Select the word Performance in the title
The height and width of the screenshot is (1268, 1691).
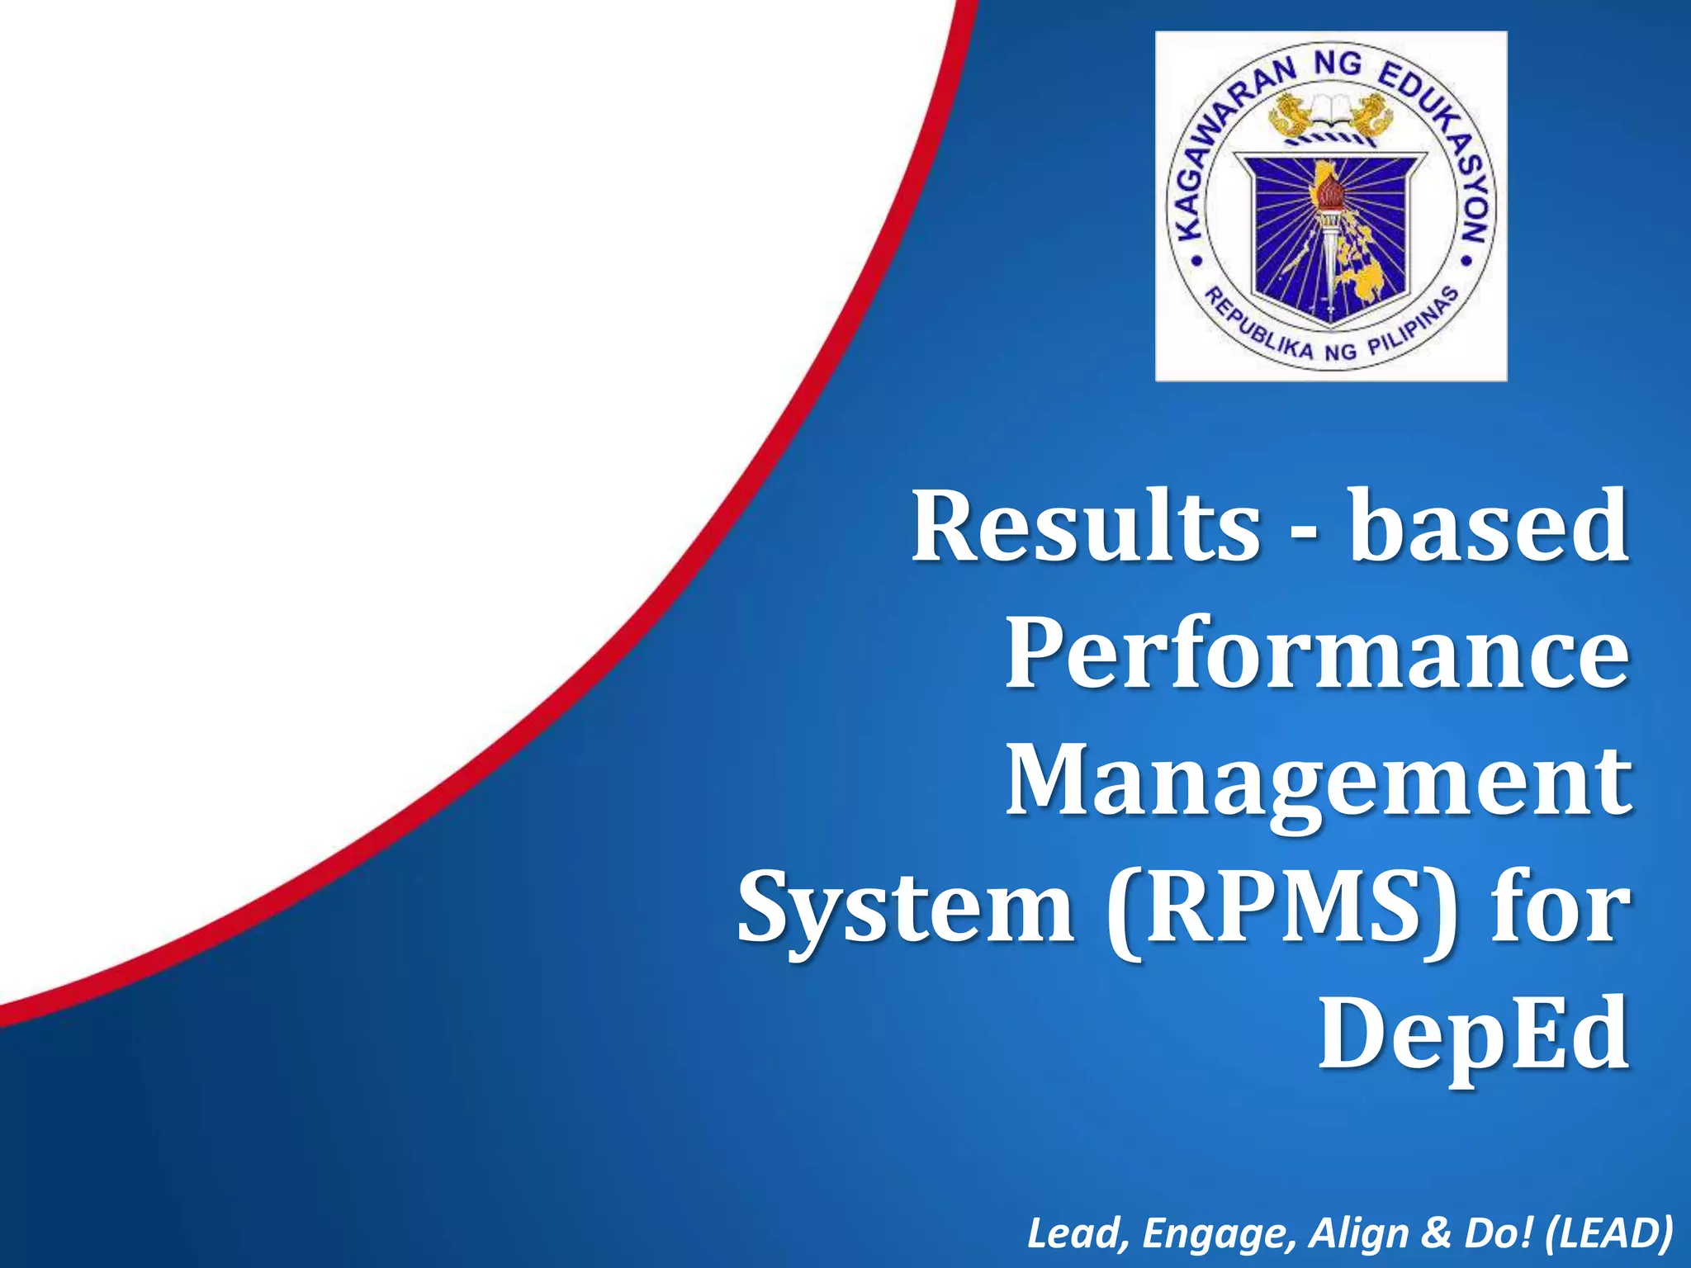1318,654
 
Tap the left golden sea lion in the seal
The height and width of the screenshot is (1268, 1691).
1288,116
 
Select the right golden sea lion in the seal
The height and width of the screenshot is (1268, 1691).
1375,116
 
